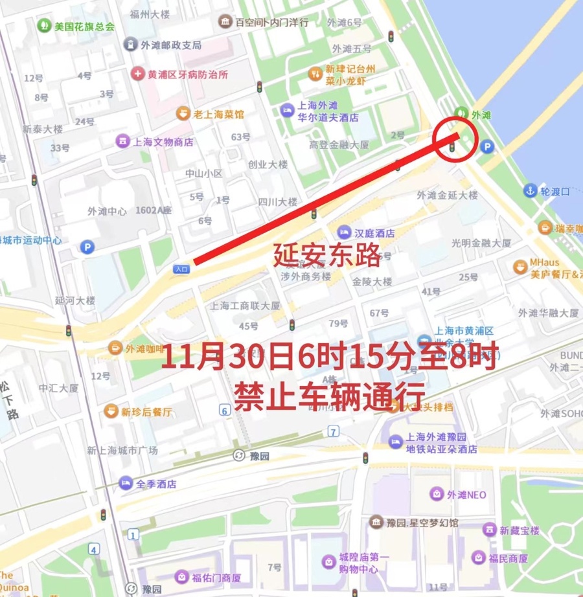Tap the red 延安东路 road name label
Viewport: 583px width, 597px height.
coord(326,255)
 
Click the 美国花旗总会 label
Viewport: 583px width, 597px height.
coord(84,27)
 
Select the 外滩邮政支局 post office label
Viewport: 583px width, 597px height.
coord(171,45)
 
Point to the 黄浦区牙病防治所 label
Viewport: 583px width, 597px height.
coord(188,74)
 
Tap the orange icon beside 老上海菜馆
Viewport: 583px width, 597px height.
coord(184,114)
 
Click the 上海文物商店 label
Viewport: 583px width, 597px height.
coord(163,141)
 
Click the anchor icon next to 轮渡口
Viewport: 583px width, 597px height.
coord(531,191)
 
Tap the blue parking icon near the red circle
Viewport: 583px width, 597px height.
coord(487,147)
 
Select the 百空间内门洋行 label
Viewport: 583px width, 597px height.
coord(271,23)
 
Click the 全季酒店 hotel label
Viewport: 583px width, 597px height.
coord(156,484)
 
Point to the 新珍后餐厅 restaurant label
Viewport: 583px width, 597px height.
coord(146,412)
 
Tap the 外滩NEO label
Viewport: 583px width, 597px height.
coord(467,495)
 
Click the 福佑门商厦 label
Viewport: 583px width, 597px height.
coord(216,578)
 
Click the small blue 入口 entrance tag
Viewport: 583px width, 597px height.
coord(181,268)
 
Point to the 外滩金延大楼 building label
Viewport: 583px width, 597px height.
coord(447,195)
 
